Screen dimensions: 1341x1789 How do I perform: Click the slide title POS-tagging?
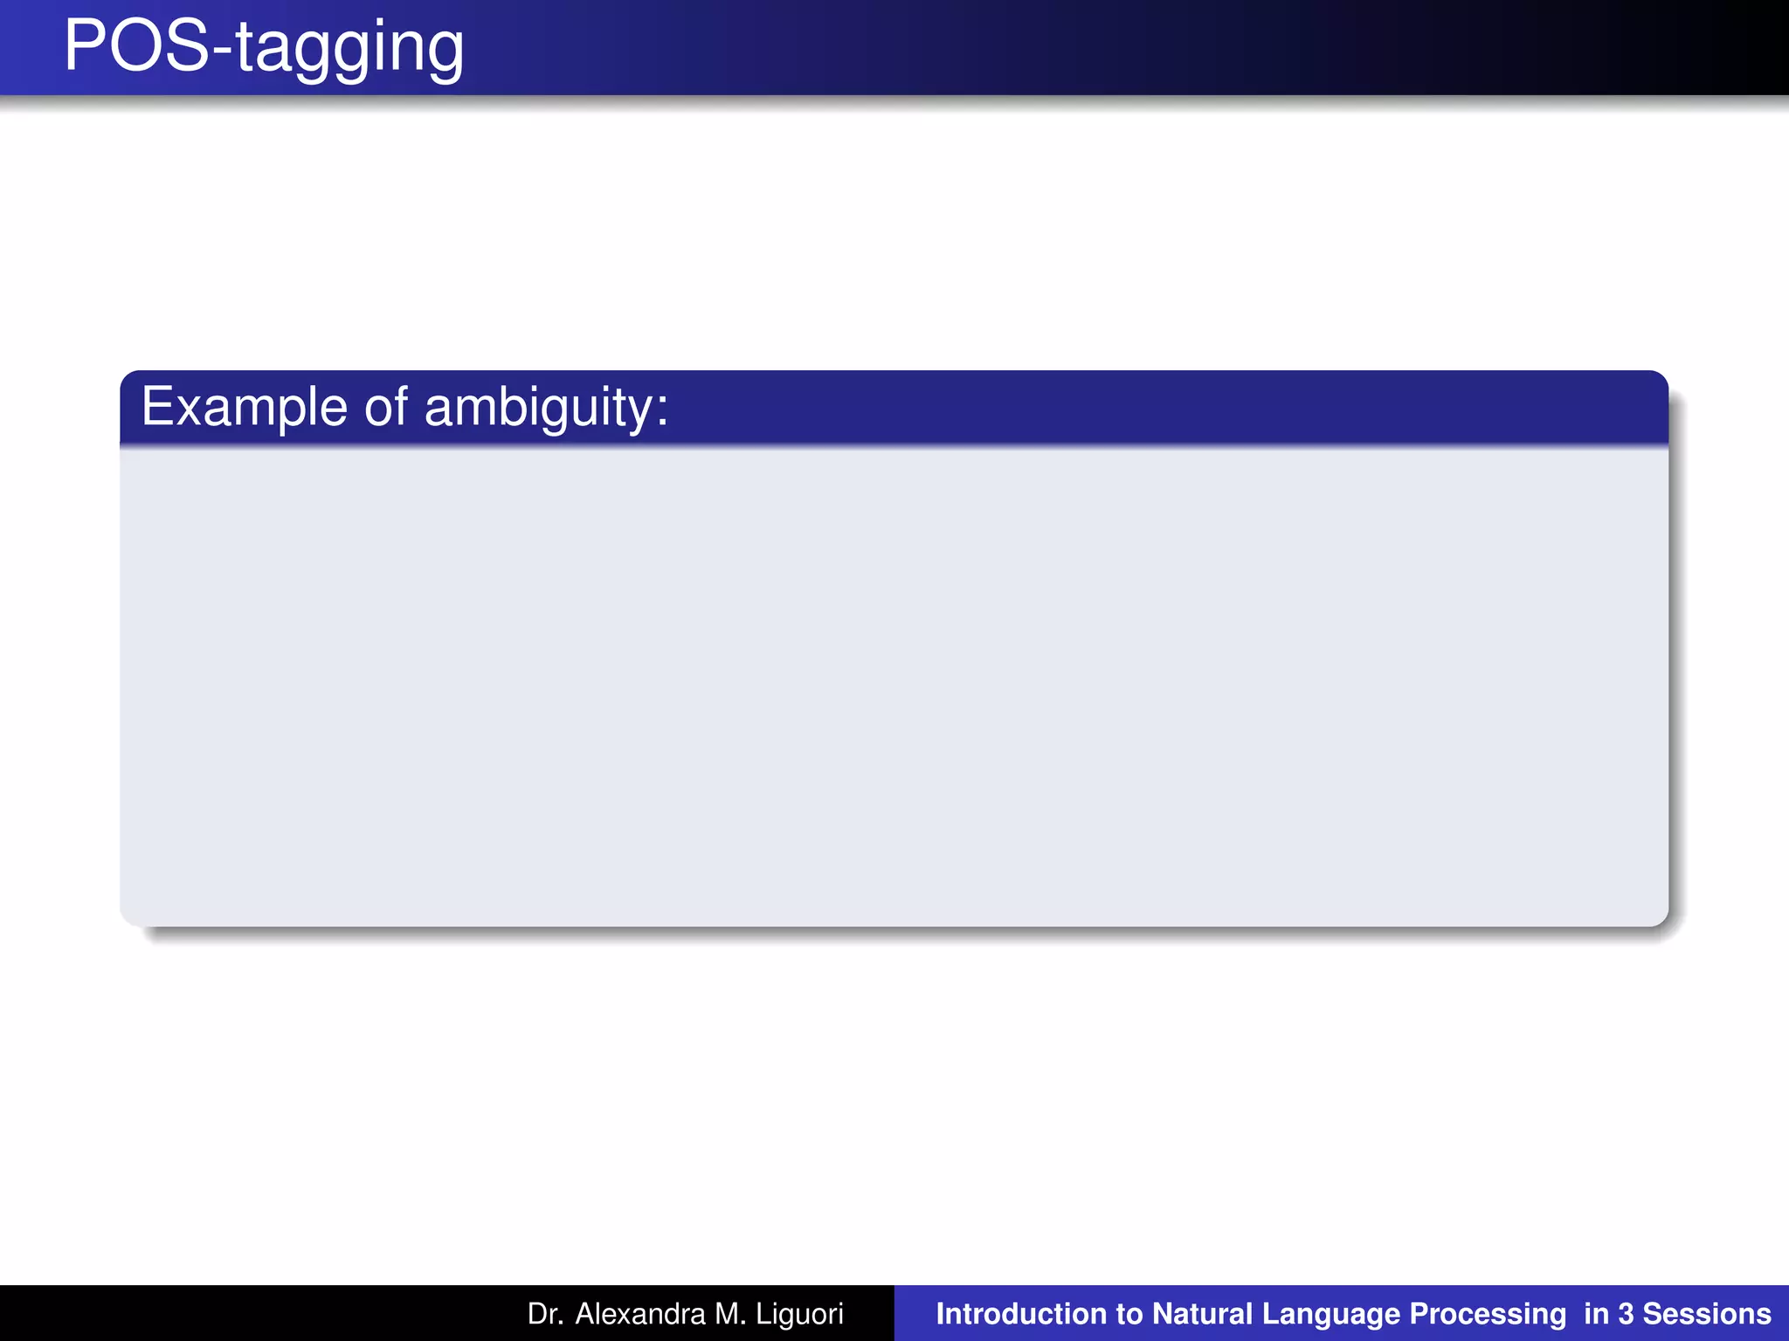coord(264,47)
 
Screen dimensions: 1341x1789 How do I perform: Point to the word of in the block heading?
coord(385,407)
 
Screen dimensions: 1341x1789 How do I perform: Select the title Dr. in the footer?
coord(545,1314)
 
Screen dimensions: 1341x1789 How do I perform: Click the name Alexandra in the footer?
coord(639,1314)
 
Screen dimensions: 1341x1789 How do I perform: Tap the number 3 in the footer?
coord(1626,1314)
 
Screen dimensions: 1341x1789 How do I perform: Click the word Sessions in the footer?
coord(1707,1314)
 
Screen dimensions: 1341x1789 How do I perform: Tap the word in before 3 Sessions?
coord(1596,1314)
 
